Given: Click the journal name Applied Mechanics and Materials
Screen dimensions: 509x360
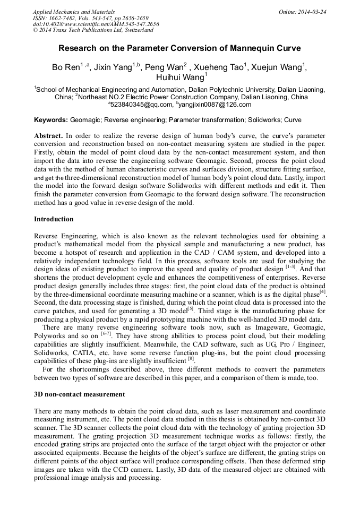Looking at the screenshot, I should [x=74, y=11].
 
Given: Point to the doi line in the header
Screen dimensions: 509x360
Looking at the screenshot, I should [x=96, y=24].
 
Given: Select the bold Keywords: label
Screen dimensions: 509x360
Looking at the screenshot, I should [x=51, y=120].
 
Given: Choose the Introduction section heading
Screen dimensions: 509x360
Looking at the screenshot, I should [x=54, y=219].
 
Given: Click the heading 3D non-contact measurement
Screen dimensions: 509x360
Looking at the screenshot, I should [x=79, y=394].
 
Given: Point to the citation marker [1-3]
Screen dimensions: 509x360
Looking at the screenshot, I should [x=291, y=266].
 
